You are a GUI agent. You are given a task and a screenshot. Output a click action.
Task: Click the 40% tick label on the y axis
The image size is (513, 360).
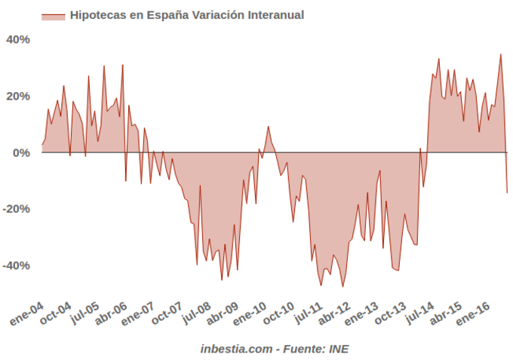[x=19, y=39]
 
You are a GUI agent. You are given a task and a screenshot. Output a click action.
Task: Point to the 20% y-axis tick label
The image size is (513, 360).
[x=19, y=96]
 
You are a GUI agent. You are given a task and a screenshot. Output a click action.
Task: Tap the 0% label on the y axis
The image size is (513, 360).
[x=22, y=152]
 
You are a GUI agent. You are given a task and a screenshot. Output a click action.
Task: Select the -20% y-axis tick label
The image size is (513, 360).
[x=17, y=209]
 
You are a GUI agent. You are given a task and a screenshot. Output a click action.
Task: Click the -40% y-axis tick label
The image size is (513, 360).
[x=17, y=266]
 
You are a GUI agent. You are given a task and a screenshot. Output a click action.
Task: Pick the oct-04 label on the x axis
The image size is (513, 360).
[x=57, y=312]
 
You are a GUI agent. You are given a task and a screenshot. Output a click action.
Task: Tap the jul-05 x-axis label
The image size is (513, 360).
[x=84, y=312]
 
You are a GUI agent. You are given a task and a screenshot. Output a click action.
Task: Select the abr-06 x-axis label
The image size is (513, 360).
[x=112, y=312]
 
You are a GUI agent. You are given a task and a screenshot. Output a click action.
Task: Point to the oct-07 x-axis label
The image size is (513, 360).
[x=167, y=312]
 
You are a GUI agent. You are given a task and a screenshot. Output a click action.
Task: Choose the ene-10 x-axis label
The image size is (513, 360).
[x=250, y=312]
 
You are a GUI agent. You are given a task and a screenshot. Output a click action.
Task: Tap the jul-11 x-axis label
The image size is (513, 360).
[x=306, y=312]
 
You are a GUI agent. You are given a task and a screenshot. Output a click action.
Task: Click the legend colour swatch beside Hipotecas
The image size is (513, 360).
[x=54, y=15]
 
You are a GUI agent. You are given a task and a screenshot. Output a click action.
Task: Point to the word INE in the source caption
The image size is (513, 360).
[x=337, y=349]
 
